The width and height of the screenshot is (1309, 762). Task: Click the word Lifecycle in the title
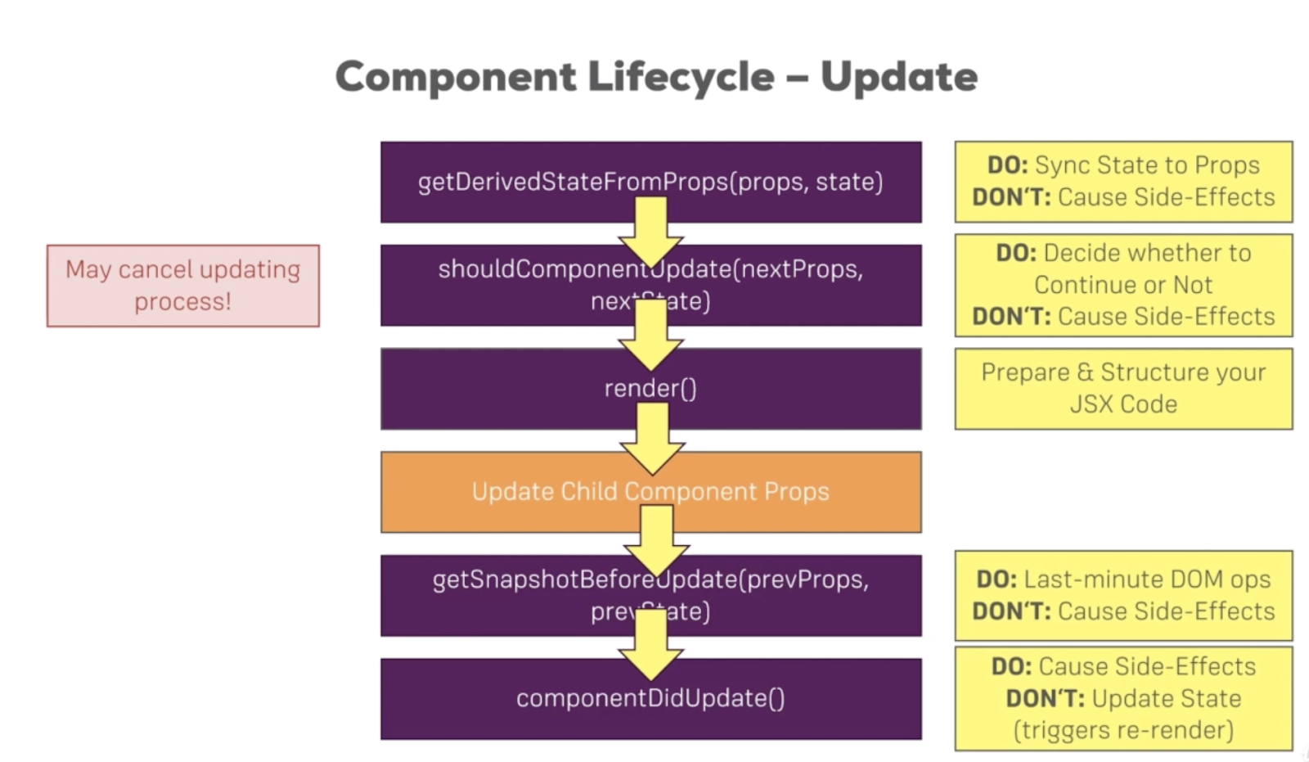(x=681, y=77)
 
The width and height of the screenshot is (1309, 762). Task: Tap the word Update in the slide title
(x=898, y=77)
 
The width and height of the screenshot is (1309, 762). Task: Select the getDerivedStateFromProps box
(x=507, y=182)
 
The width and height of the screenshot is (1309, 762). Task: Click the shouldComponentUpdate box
(x=507, y=285)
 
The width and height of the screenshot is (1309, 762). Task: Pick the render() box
(x=507, y=389)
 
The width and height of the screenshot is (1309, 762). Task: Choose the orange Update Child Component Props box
(x=507, y=492)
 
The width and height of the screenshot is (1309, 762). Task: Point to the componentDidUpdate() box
(x=507, y=699)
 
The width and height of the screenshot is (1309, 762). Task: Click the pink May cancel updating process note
(x=183, y=286)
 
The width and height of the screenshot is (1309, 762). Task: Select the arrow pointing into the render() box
(x=651, y=336)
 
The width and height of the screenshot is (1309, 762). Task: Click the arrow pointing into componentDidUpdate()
(x=651, y=647)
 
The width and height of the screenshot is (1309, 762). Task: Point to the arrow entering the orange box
(x=652, y=440)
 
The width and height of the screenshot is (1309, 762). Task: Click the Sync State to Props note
(x=1123, y=181)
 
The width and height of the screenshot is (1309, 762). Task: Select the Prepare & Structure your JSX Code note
(x=1123, y=389)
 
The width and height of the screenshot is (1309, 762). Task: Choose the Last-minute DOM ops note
(x=1123, y=595)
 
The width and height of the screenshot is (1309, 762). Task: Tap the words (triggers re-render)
(x=1123, y=729)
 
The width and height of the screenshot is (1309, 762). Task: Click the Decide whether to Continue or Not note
(x=1123, y=285)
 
